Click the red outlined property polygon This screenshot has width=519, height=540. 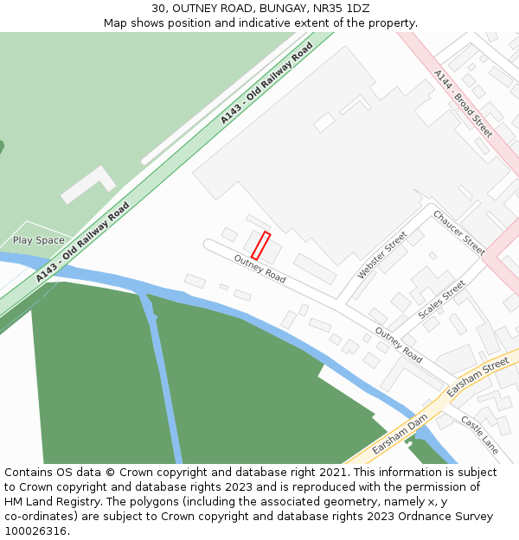(260, 245)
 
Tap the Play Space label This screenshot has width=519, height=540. (38, 240)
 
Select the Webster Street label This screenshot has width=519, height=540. (382, 255)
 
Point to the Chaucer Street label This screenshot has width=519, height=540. (458, 232)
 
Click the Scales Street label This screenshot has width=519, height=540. (441, 300)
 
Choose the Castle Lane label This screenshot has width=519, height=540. (479, 435)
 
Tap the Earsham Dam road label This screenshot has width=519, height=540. (400, 435)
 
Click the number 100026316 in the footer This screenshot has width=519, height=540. (36, 531)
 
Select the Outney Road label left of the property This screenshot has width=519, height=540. (259, 269)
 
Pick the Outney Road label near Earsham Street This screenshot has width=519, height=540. (399, 344)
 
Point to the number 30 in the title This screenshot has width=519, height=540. (157, 8)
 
